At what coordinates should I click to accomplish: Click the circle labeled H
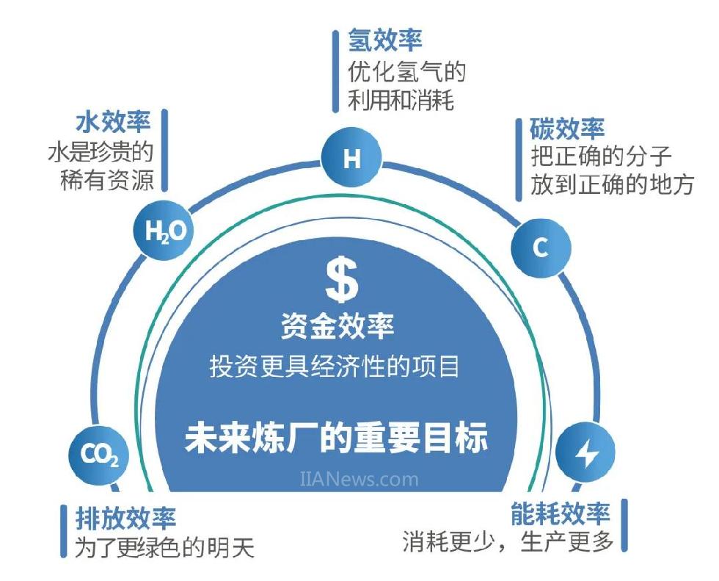(352, 159)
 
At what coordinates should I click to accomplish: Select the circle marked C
(540, 248)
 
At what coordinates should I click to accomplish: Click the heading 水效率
(113, 122)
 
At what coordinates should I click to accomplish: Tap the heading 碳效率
(567, 129)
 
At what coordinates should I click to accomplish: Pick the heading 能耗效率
(560, 513)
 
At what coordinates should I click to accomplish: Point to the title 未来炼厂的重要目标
(336, 439)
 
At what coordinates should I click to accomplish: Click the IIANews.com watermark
(359, 480)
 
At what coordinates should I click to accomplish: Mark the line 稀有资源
(107, 181)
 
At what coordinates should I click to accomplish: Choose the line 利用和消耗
(401, 100)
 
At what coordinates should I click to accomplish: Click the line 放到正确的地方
(613, 185)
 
